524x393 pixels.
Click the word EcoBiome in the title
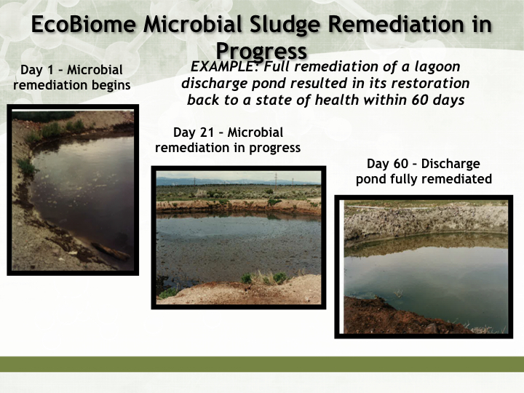tap(84, 24)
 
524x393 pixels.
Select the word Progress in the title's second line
tap(261, 51)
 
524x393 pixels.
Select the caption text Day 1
tap(37, 70)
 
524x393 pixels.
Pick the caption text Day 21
tap(194, 132)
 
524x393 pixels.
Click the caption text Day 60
tap(387, 164)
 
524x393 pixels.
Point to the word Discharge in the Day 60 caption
tap(450, 164)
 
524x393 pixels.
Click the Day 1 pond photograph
tap(73, 190)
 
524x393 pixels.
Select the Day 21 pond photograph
tap(239, 237)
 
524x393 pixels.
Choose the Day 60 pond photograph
tap(424, 266)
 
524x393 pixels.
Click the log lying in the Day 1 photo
tap(111, 252)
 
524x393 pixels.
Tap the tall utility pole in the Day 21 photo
tap(276, 181)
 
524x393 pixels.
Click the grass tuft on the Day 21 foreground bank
tap(264, 278)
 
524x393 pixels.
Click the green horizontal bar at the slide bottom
tap(262, 365)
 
